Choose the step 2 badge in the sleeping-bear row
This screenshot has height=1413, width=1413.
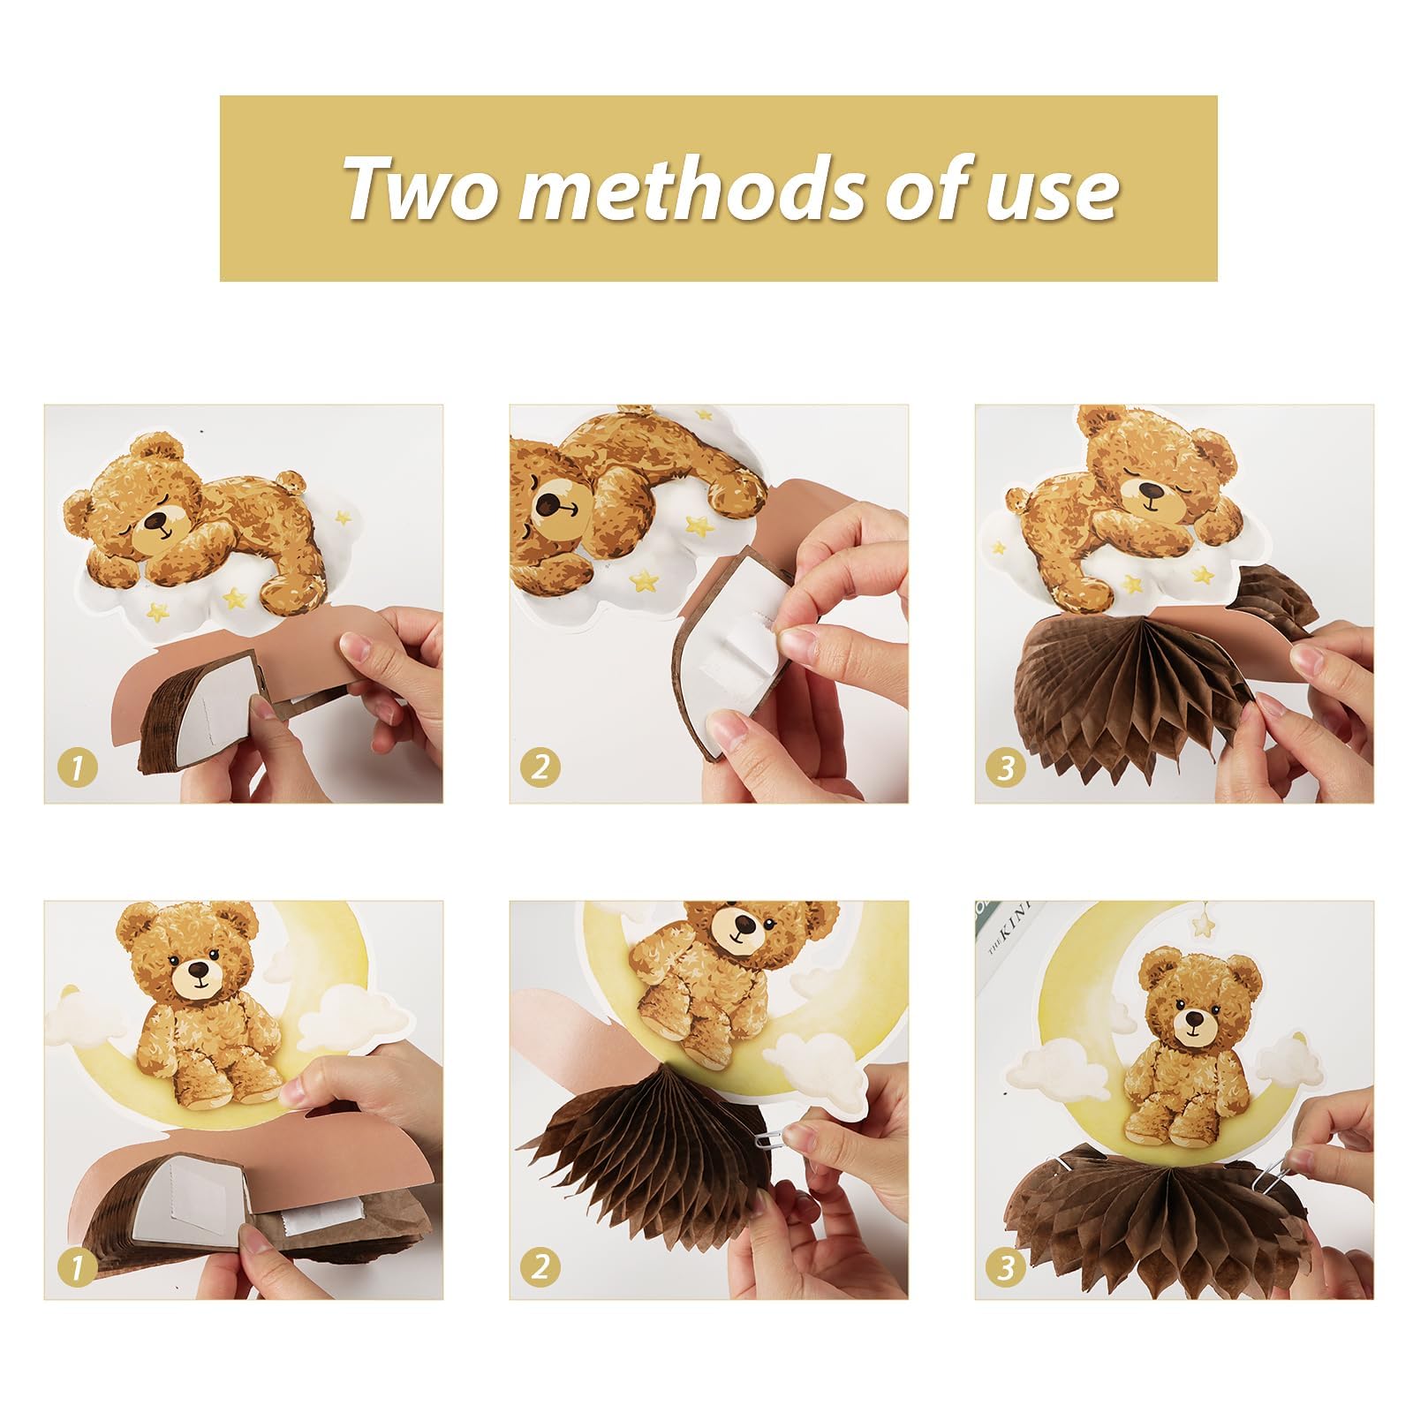tap(540, 766)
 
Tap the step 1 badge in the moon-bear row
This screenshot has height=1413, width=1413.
tap(77, 1268)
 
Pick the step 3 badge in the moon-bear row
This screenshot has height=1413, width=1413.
tap(1006, 1268)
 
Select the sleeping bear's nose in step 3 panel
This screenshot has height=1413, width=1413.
tap(1150, 489)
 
